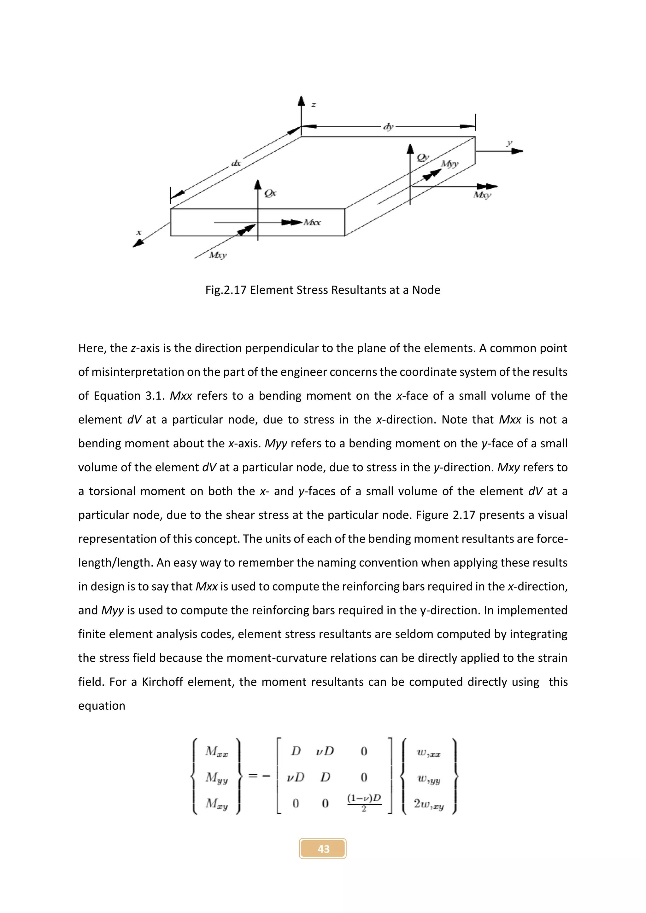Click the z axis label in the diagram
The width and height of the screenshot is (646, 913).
coord(314,105)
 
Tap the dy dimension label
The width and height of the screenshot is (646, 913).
coord(388,127)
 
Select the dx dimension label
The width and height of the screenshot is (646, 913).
coord(236,163)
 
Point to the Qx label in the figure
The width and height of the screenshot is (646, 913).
coord(270,193)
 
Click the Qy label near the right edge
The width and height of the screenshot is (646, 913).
coord(422,157)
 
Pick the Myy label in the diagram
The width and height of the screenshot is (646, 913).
coord(449,164)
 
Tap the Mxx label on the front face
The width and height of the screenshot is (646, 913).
coord(312,223)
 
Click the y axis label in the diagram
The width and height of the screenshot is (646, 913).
coord(509,143)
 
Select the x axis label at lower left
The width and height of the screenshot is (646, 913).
coord(139,232)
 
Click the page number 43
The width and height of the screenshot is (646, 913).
coord(323,849)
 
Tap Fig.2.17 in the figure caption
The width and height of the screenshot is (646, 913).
coord(226,290)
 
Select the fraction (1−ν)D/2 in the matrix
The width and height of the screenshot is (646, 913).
coord(364,803)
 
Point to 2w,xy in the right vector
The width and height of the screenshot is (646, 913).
coord(428,804)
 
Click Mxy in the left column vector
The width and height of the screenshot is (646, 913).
coord(216,804)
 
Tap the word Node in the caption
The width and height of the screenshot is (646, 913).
coord(426,290)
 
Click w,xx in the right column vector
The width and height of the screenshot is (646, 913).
coord(428,752)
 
